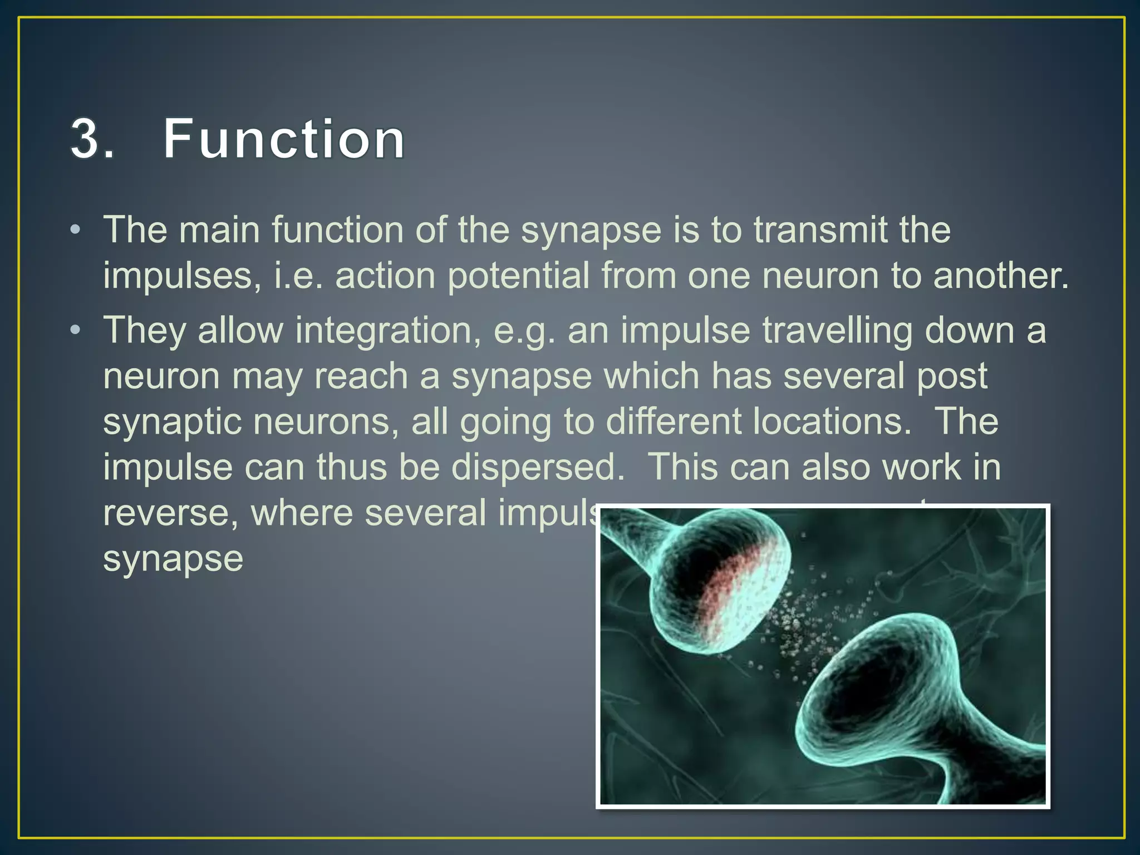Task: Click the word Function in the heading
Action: pyautogui.click(x=284, y=139)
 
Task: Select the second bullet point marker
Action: pyautogui.click(x=76, y=331)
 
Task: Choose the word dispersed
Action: pyautogui.click(x=538, y=467)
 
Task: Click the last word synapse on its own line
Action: pyautogui.click(x=173, y=559)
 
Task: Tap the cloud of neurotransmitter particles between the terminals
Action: pyautogui.click(x=802, y=623)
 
